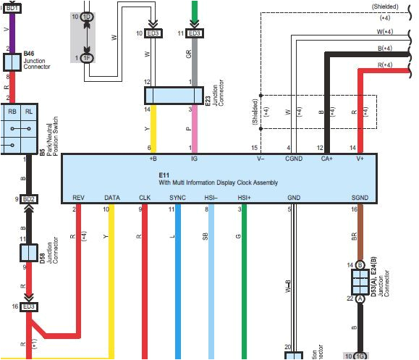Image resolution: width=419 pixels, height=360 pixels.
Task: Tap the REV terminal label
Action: (x=79, y=197)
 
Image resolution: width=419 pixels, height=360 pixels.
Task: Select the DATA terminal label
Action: (x=111, y=197)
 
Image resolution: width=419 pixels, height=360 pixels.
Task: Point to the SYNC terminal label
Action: (x=177, y=197)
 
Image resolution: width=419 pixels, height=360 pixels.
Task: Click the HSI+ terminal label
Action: (x=245, y=197)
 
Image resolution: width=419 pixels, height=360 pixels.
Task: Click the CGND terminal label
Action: (x=294, y=158)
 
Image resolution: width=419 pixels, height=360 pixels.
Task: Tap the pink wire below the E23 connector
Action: (x=194, y=130)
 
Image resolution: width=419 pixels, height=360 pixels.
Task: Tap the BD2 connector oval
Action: (x=29, y=198)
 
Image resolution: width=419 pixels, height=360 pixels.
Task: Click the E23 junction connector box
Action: (x=173, y=96)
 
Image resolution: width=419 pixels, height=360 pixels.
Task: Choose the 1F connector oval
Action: (x=87, y=58)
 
